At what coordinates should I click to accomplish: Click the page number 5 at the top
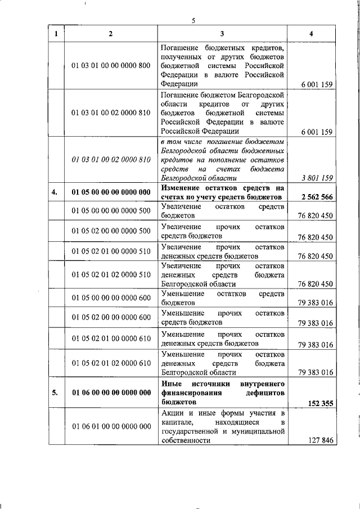click(193, 21)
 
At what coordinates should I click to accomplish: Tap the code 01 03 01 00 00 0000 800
click(111, 66)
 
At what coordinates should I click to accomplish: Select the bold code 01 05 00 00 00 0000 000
click(111, 192)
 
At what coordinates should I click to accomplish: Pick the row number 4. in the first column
click(55, 192)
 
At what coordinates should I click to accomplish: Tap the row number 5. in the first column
click(55, 393)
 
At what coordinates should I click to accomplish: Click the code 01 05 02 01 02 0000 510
click(111, 274)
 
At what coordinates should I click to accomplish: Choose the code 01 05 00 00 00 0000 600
click(111, 298)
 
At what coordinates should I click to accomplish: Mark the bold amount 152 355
click(322, 403)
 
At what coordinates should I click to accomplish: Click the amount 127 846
click(322, 441)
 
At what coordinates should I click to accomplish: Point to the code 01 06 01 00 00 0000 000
click(111, 426)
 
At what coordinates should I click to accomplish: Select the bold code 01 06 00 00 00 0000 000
click(111, 393)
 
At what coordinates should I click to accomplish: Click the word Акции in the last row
click(172, 414)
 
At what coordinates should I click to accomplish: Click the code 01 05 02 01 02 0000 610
click(111, 362)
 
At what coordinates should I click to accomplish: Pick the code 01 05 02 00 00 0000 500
click(111, 231)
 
